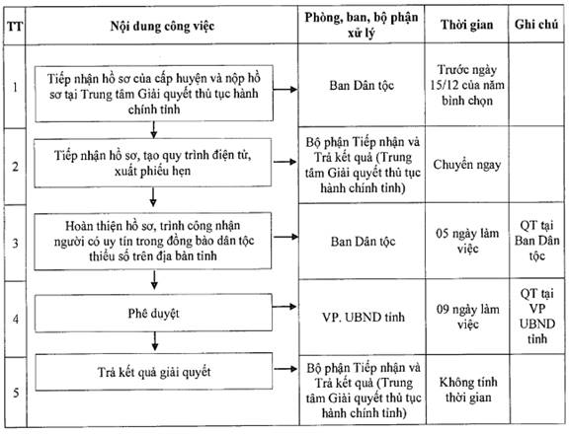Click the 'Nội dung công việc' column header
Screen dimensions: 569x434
coord(162,27)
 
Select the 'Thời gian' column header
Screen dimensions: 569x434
coord(466,25)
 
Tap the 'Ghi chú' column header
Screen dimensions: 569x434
coord(536,25)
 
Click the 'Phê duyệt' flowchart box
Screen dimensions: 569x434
coord(153,313)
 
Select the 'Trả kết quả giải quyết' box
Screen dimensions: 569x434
coord(153,372)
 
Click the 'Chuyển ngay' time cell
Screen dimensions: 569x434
coord(467,165)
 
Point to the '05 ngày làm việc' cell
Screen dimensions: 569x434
coord(467,241)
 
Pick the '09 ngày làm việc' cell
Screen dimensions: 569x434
coord(468,317)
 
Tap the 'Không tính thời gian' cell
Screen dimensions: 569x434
coord(468,390)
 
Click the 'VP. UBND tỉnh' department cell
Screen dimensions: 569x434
coord(364,317)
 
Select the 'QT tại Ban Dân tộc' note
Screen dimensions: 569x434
coord(537,241)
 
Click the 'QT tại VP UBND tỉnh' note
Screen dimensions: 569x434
coord(537,317)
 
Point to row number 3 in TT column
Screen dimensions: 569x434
coord(15,243)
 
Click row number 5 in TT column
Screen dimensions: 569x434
coord(16,393)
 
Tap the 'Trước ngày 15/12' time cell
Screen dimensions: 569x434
coord(467,85)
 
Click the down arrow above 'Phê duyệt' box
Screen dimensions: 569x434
coord(154,280)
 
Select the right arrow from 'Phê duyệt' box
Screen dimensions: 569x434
coord(284,307)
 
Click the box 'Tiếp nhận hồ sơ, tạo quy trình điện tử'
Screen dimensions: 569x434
coord(153,163)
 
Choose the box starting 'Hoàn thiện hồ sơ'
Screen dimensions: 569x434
coord(153,241)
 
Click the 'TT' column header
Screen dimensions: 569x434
coord(15,27)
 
